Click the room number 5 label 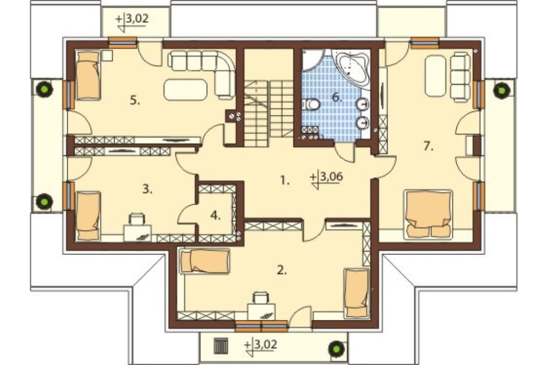click(135, 101)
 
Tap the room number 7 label click(428, 146)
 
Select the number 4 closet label click(215, 216)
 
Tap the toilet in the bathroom click(311, 104)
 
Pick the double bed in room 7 click(428, 214)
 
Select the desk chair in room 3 click(137, 219)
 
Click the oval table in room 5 click(186, 89)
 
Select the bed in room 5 click(88, 75)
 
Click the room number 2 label click(282, 270)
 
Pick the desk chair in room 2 click(260, 298)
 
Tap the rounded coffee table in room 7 click(436, 76)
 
